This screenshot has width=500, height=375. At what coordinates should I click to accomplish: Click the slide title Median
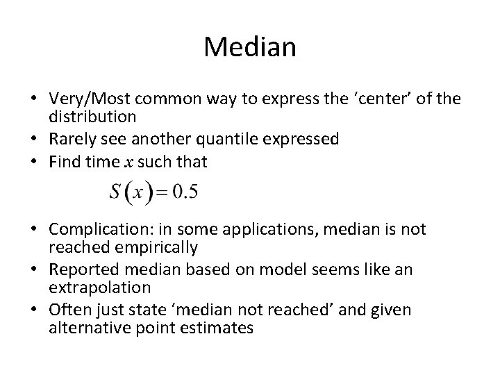[250, 47]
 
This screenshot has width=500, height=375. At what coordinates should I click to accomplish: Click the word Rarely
[72, 139]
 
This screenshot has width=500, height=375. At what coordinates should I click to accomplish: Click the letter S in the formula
[115, 192]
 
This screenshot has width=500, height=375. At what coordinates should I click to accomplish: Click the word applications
[264, 229]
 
